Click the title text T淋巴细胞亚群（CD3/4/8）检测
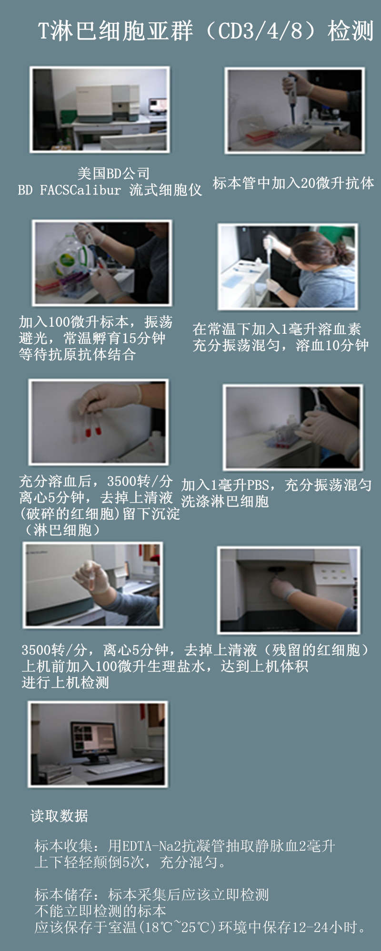205,31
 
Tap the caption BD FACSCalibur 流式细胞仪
110,190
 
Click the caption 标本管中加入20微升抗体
293,183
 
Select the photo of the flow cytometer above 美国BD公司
100,109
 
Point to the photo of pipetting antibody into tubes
295,110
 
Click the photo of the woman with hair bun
288,266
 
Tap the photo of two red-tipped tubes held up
99,421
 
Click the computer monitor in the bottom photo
93,740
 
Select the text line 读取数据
60,816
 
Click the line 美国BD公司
113,174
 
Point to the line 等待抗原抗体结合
78,355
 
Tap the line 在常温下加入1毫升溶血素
277,329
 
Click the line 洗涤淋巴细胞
225,501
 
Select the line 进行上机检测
65,683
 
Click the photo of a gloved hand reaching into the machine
289,590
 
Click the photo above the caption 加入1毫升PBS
293,427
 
